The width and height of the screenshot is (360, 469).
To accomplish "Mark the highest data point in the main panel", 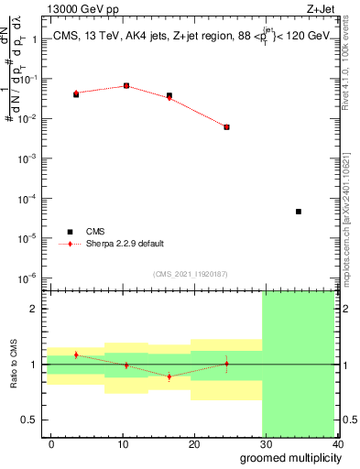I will pyautogui.click(x=125, y=86).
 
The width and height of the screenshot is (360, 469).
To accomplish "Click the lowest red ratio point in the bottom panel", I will pyautogui.click(x=169, y=376).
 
